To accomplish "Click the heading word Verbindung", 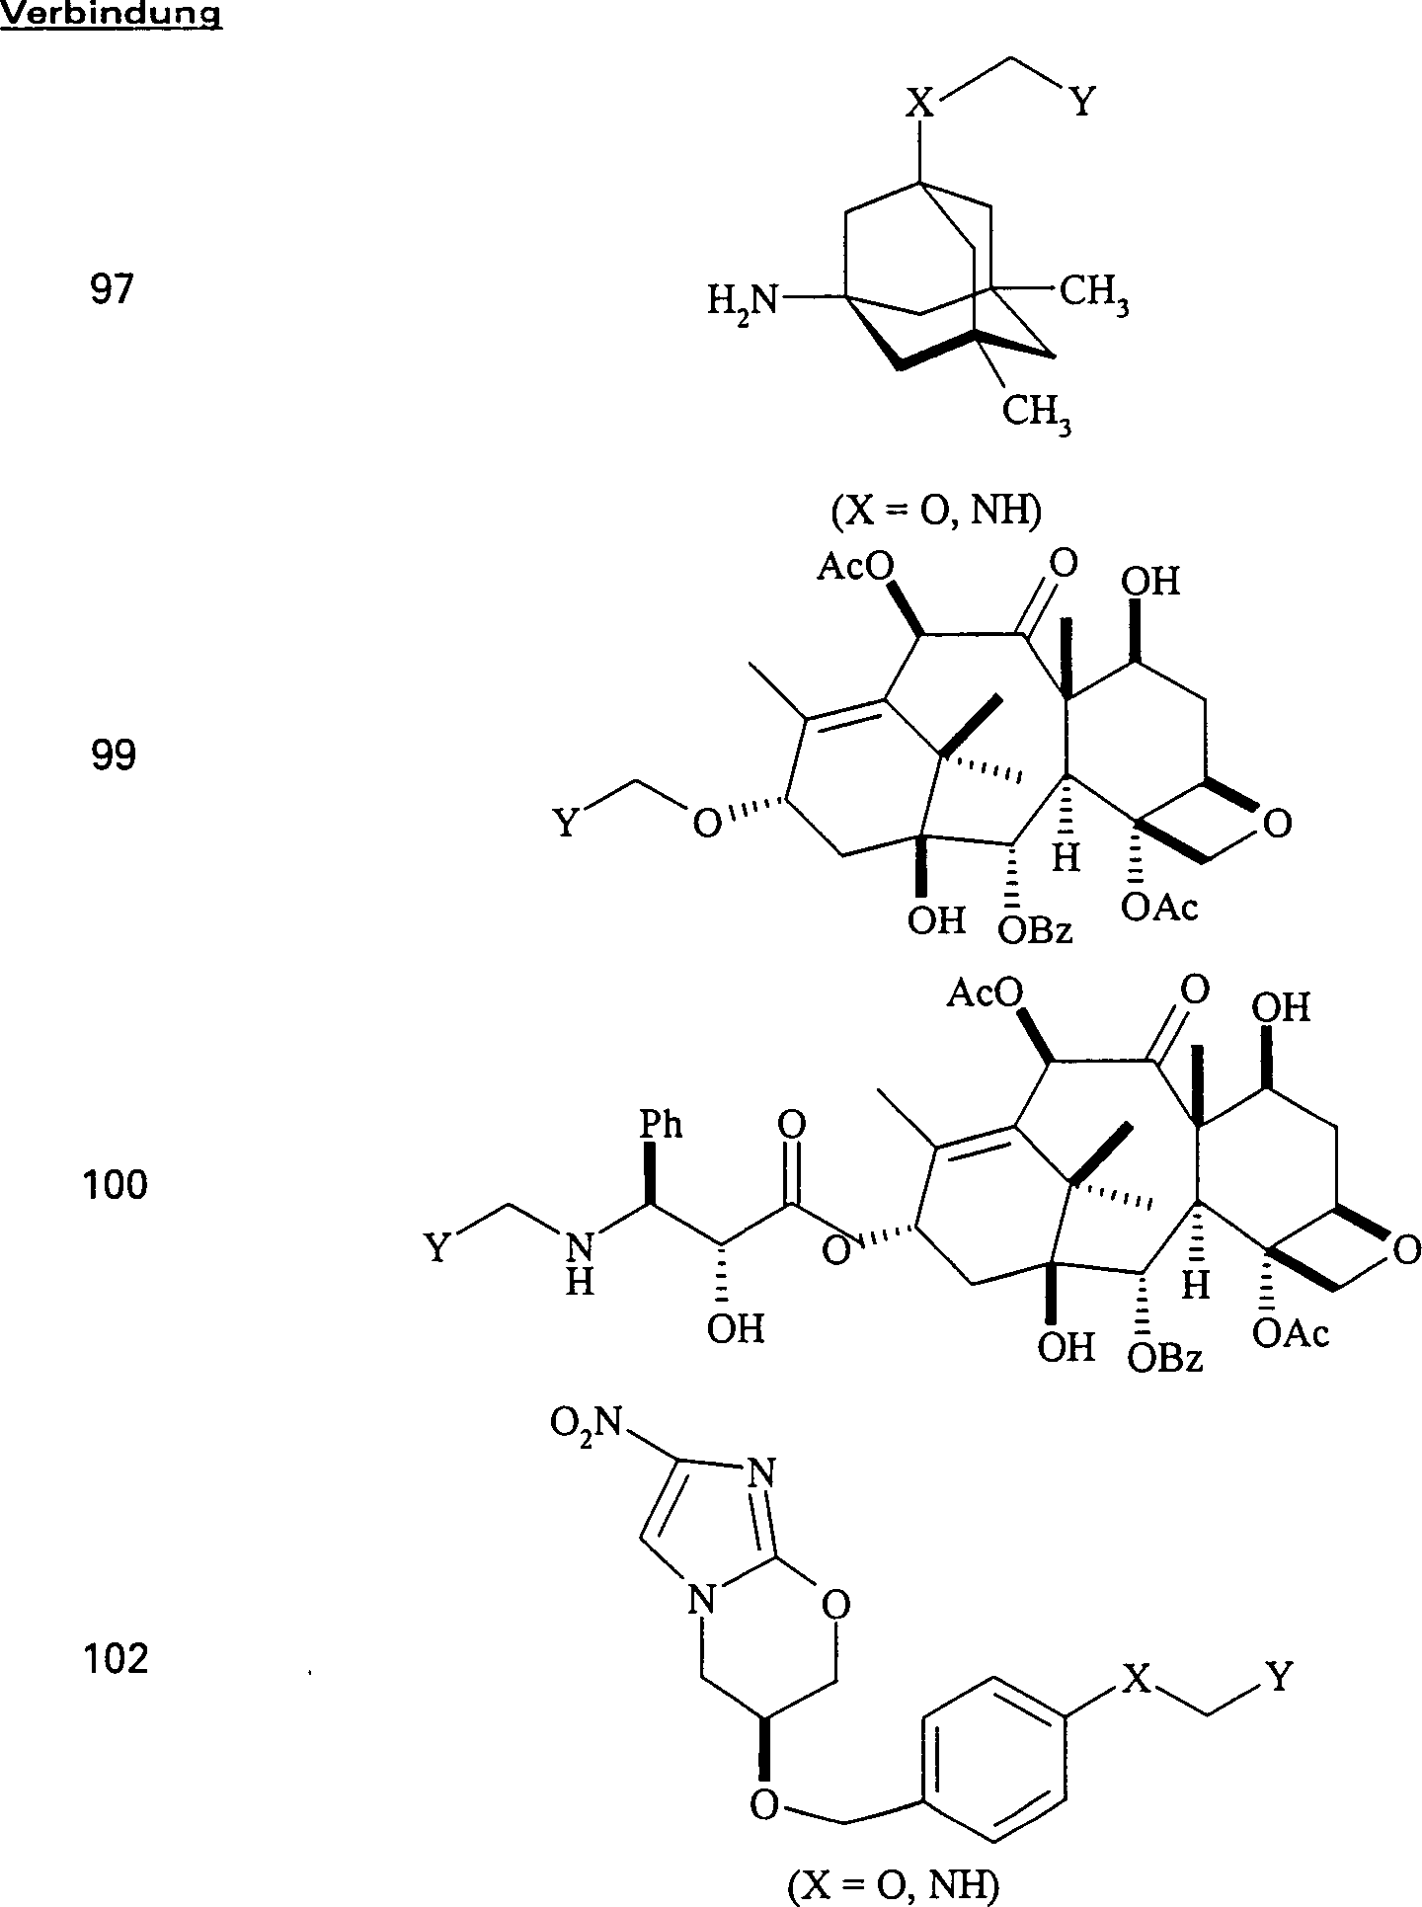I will click(x=111, y=15).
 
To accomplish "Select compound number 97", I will click(x=111, y=291).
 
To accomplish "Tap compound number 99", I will click(x=113, y=755).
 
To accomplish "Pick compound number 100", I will click(x=115, y=1183).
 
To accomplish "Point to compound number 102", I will click(x=115, y=1658).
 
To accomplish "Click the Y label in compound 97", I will click(x=1082, y=102).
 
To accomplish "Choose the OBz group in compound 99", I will click(x=1034, y=929).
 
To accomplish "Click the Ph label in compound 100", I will click(x=661, y=1125).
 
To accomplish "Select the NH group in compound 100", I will click(x=582, y=1264).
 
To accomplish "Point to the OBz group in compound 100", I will click(x=1165, y=1359).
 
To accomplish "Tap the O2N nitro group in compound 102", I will click(x=586, y=1423).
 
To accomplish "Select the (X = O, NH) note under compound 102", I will click(x=893, y=1885).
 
